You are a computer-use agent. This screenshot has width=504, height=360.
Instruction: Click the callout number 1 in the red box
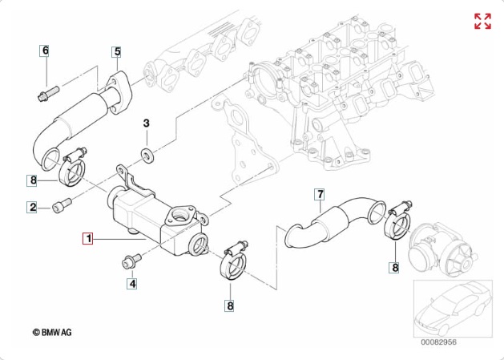click(88, 239)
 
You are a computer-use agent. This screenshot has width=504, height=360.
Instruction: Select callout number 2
click(33, 207)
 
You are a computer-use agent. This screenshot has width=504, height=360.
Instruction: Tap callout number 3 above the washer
click(147, 123)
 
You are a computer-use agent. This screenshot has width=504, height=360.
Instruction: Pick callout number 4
click(132, 284)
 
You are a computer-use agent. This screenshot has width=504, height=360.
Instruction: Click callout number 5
click(117, 51)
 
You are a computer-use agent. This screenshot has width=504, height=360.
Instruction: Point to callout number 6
click(46, 51)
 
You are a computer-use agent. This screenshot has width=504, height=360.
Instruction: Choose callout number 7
click(320, 194)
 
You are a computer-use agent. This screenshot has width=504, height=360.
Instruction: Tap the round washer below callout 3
click(148, 156)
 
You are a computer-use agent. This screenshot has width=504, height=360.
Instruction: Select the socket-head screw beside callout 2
click(62, 205)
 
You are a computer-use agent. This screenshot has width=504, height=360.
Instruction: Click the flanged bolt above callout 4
click(131, 261)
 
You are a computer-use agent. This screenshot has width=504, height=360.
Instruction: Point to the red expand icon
click(483, 21)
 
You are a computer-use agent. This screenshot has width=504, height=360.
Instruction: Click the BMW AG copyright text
click(52, 332)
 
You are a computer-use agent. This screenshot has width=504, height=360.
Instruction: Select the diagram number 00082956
click(439, 342)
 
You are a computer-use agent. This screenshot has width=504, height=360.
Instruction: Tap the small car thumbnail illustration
click(453, 309)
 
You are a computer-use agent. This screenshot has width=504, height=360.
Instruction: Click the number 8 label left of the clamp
click(34, 180)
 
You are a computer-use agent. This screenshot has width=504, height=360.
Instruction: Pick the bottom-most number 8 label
click(230, 305)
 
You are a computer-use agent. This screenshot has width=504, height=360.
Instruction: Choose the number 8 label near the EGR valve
click(395, 268)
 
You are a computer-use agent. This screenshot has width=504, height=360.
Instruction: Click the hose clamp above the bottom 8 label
click(233, 261)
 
